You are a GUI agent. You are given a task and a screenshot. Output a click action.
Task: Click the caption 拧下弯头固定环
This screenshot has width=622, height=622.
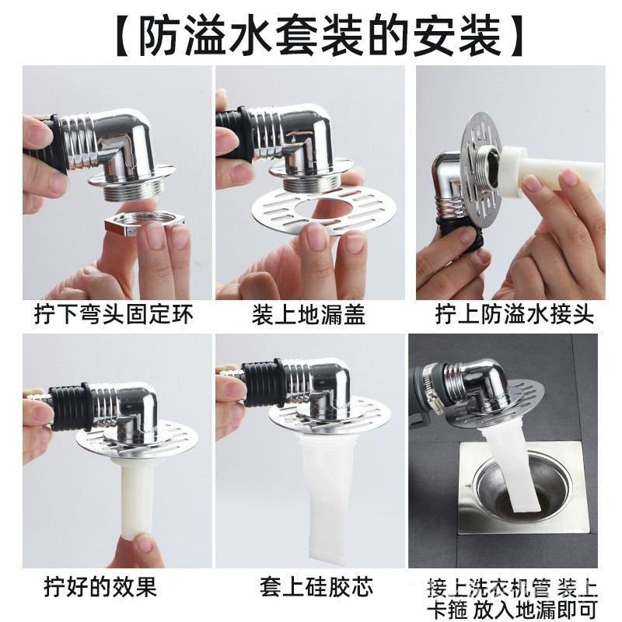click(114, 316)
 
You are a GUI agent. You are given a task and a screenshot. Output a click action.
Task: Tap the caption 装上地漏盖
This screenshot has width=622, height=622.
click(309, 316)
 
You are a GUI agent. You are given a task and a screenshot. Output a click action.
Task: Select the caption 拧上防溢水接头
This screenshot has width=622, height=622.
click(515, 316)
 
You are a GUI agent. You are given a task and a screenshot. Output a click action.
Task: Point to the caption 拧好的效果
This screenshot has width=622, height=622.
click(101, 587)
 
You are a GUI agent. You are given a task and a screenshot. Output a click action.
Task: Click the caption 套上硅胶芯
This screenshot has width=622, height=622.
click(316, 587)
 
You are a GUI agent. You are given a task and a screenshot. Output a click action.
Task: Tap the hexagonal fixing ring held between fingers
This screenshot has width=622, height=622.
click(144, 224)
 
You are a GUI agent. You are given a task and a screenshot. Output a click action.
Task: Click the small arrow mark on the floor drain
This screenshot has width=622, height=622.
click(470, 485)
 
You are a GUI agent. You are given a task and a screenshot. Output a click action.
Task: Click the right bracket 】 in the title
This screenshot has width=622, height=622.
click(515, 36)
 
